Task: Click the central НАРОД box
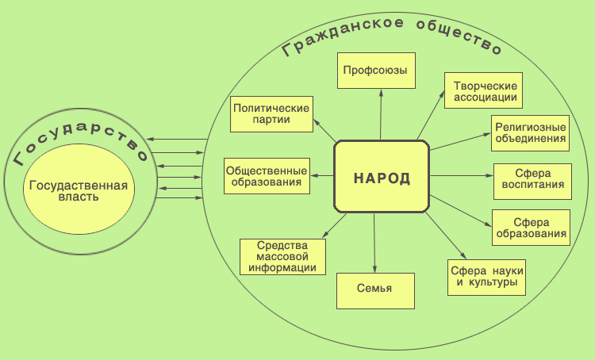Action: pyautogui.click(x=382, y=177)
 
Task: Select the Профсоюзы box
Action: pyautogui.click(x=375, y=71)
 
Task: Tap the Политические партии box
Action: pyautogui.click(x=271, y=114)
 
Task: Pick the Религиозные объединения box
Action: pyautogui.click(x=530, y=132)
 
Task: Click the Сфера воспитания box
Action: pyautogui.click(x=532, y=182)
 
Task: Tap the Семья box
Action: pyautogui.click(x=375, y=290)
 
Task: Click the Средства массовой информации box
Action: pyautogui.click(x=283, y=255)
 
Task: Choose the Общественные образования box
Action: pyautogui.click(x=266, y=175)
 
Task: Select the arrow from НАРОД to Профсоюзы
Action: pyautogui.click(x=380, y=115)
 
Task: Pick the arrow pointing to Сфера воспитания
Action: pyautogui.click(x=462, y=175)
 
